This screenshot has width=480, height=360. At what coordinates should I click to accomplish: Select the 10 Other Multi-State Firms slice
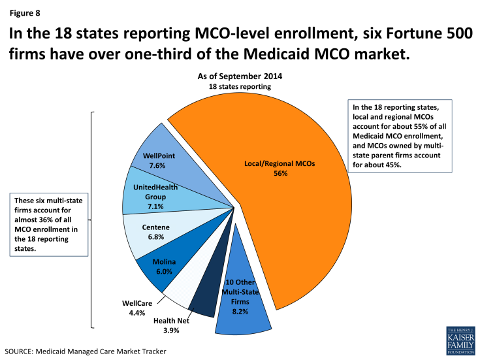246,306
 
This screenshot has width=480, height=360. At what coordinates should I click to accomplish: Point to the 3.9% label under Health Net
170,330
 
